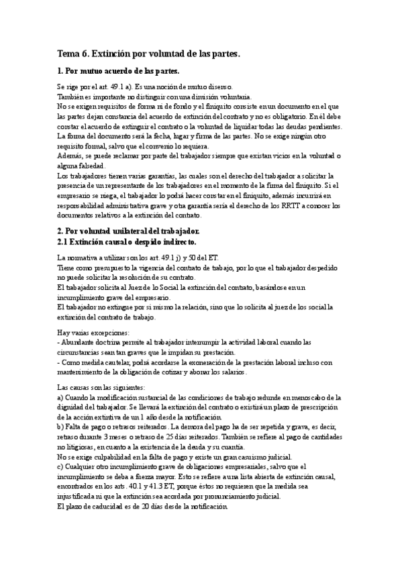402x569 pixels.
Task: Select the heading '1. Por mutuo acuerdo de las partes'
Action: (119, 70)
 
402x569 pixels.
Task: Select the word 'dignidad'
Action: (72, 407)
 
